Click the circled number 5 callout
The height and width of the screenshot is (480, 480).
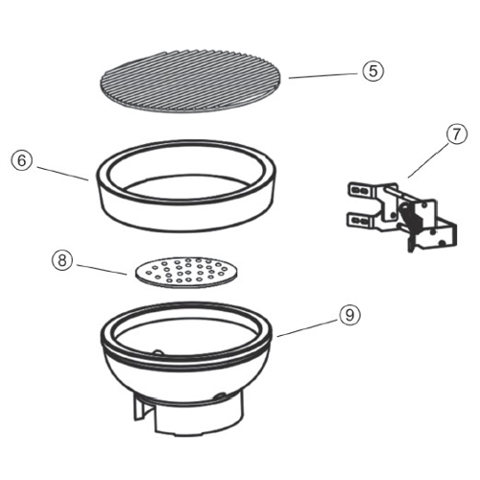click(373, 71)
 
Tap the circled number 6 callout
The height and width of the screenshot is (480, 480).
click(22, 160)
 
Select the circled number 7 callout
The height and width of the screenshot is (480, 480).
click(456, 134)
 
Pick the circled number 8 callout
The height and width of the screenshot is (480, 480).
click(62, 260)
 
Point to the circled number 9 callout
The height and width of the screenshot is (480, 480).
click(349, 315)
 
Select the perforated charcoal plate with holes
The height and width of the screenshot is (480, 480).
click(187, 273)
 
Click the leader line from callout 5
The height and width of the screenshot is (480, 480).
click(323, 76)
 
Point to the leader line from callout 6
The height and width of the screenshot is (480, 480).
click(62, 174)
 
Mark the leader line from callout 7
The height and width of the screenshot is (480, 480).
click(428, 160)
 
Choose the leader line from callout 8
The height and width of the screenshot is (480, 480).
click(102, 270)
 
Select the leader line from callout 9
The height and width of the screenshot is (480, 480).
click(307, 328)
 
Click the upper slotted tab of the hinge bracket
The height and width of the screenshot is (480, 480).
click(361, 191)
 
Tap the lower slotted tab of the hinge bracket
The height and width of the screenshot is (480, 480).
click(360, 220)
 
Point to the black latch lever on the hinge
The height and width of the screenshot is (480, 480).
click(411, 218)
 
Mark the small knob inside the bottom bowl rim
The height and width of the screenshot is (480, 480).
click(158, 352)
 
